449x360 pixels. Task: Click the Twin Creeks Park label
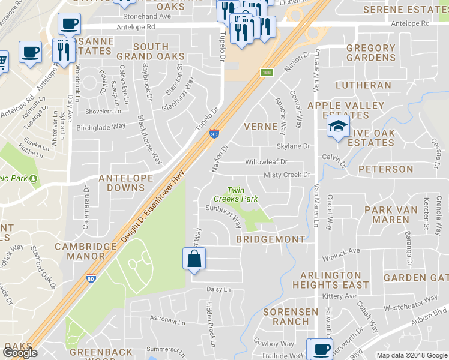tap(236, 194)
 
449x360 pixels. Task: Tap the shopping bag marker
tap(194, 259)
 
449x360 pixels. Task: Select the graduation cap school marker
tap(338, 127)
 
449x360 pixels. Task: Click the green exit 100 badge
tap(267, 73)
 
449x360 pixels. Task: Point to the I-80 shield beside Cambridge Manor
tap(91, 278)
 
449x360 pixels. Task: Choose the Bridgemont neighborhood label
tap(270, 239)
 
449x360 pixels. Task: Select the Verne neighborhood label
tap(261, 127)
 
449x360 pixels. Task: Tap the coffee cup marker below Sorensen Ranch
tap(319, 349)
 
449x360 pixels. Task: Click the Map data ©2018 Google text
tap(411, 355)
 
